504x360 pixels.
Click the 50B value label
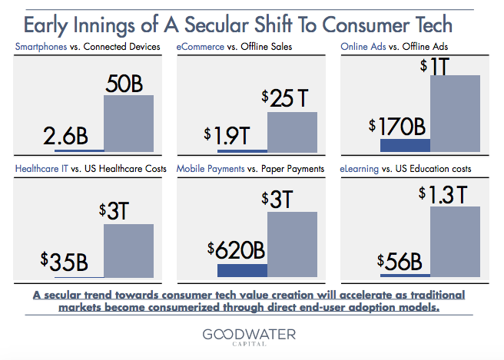tap(128, 81)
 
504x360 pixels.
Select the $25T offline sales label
tap(289, 97)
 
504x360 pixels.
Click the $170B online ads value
tap(396, 125)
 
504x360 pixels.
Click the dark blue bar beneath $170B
tap(405, 144)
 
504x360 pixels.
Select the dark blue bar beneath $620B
tap(242, 270)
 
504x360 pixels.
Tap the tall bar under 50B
tap(128, 123)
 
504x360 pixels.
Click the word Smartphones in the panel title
tap(39, 47)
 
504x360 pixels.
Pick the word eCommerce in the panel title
tap(201, 47)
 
